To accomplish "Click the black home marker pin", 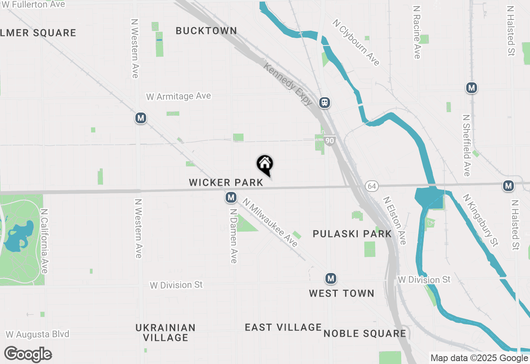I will click(265, 165).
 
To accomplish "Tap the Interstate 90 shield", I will click(329, 141).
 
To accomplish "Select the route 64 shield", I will click(371, 186).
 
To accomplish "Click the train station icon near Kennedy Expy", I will click(325, 103).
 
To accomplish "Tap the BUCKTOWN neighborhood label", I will click(206, 31).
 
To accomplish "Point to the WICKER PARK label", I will click(226, 182).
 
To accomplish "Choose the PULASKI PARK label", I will click(352, 234).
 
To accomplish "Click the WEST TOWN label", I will click(342, 293).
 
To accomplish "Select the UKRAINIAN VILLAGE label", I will click(166, 333).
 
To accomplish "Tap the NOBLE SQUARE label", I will click(365, 333).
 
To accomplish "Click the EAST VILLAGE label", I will click(283, 327).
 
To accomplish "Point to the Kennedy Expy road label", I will click(288, 84).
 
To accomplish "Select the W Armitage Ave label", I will click(178, 96).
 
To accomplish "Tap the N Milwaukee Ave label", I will click(270, 223).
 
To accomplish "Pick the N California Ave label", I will click(45, 240).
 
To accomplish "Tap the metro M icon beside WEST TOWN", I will click(330, 279).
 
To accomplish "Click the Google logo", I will click(28, 354).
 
